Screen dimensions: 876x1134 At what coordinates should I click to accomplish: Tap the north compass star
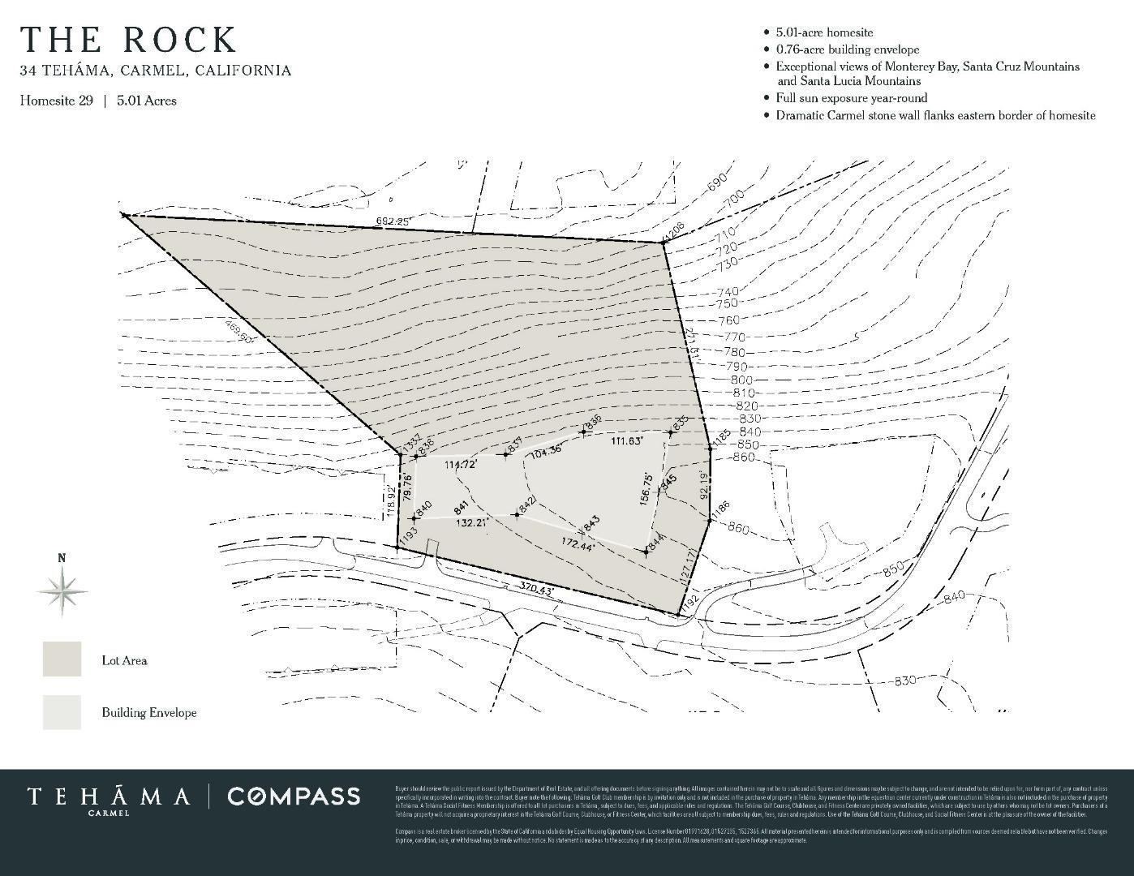pos(62,589)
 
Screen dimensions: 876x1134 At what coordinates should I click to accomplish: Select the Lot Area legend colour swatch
pos(62,659)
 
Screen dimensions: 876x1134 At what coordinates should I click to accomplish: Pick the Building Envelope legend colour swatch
pos(62,711)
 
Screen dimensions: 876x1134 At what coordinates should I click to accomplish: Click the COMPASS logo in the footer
pos(294,797)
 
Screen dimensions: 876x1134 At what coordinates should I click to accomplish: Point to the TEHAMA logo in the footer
pos(109,798)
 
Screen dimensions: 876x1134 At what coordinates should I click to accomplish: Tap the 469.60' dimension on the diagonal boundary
pos(239,333)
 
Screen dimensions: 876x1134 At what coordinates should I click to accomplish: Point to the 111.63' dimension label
pos(626,440)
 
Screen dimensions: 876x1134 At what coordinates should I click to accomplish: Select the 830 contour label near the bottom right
pos(904,681)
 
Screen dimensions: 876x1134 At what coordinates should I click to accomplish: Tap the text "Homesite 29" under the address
pos(57,101)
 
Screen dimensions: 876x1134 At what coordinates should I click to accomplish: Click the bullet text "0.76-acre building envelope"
pos(847,49)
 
